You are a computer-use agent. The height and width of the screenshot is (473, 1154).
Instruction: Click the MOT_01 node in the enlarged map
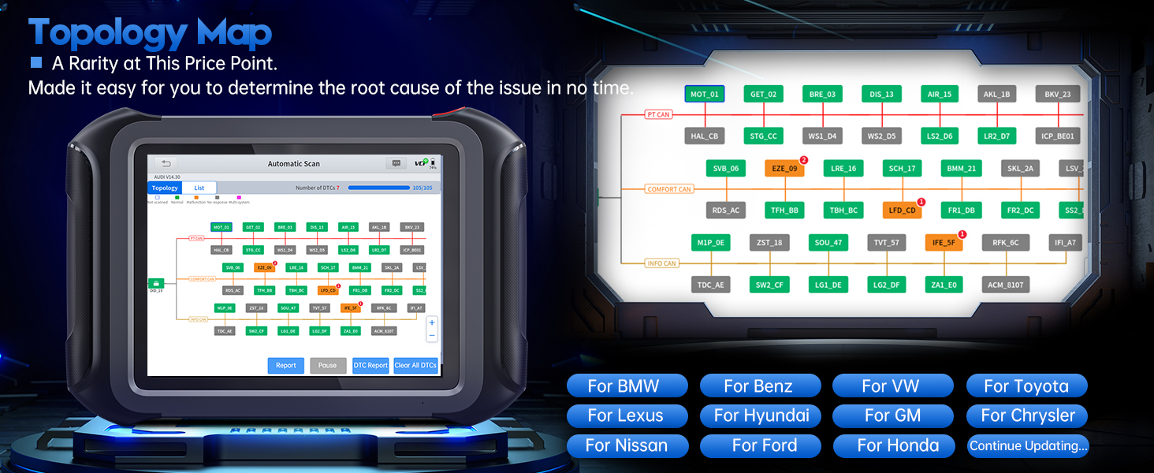tap(704, 95)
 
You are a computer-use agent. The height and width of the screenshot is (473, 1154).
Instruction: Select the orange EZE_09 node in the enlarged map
tap(784, 168)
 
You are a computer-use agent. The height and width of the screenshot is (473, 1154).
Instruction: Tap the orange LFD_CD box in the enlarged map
tap(902, 210)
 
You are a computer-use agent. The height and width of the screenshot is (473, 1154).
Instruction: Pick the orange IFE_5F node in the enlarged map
tap(944, 243)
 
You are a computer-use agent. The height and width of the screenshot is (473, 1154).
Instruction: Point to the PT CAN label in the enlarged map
tap(657, 115)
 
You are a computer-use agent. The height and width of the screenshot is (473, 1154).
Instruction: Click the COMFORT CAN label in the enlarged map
tap(668, 189)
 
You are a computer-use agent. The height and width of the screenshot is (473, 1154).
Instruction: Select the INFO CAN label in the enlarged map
tap(661, 263)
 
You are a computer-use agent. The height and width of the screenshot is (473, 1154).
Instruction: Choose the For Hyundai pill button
tap(761, 415)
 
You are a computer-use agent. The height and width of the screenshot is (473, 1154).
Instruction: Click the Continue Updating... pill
tap(1028, 446)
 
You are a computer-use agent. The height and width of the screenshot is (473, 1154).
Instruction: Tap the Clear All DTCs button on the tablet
tap(415, 365)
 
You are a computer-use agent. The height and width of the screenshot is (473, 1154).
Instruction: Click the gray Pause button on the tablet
tap(328, 365)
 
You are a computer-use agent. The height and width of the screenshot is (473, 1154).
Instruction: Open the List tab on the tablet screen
tap(199, 188)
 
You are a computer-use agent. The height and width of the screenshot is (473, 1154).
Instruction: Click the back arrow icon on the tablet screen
tap(166, 163)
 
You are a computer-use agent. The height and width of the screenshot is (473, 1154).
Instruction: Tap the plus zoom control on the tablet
tap(431, 322)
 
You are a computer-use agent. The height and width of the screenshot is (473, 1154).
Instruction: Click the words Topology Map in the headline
tap(150, 34)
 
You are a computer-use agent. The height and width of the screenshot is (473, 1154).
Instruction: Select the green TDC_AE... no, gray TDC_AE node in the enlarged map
tap(709, 285)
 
